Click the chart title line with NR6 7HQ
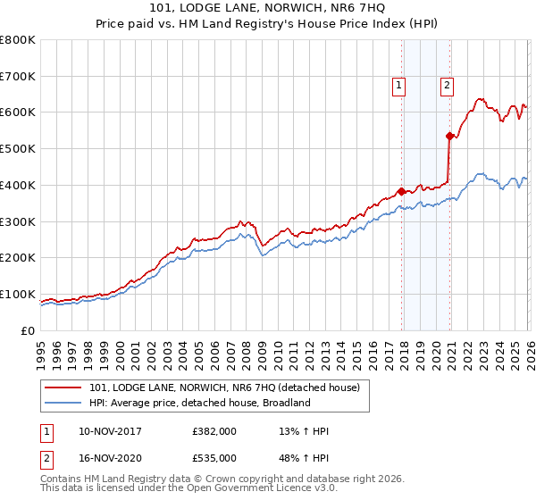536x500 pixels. [268, 9]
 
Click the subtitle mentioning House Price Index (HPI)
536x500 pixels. [268, 25]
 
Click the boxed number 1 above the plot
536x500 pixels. [398, 86]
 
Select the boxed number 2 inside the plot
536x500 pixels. [446, 86]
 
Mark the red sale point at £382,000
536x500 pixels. [401, 191]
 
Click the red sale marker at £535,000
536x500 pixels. [448, 136]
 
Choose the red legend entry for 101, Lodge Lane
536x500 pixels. [223, 387]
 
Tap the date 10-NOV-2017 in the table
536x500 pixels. [111, 431]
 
